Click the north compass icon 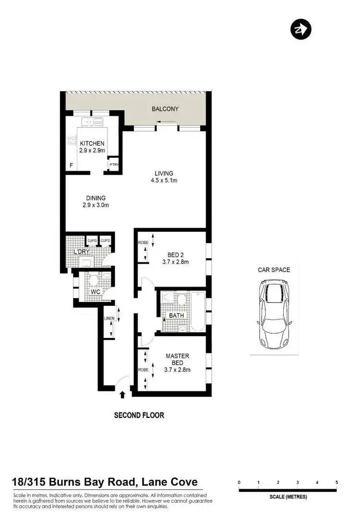pyautogui.click(x=301, y=29)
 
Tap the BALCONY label pyautogui.click(x=165, y=109)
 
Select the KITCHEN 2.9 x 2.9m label pyautogui.click(x=92, y=147)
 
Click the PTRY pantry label pyautogui.click(x=114, y=165)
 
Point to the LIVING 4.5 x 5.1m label pyautogui.click(x=164, y=177)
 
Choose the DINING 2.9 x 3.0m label pyautogui.click(x=96, y=201)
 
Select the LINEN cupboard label pyautogui.click(x=108, y=318)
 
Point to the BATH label pyautogui.click(x=176, y=315)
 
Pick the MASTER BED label pyautogui.click(x=177, y=363)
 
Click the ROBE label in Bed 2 pyautogui.click(x=143, y=243)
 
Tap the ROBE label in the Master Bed pyautogui.click(x=143, y=370)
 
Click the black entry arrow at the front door pyautogui.click(x=122, y=394)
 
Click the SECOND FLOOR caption pyautogui.click(x=139, y=415)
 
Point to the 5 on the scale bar pyautogui.click(x=336, y=483)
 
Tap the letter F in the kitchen pyautogui.click(x=72, y=166)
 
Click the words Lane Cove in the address pyautogui.click(x=171, y=483)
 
